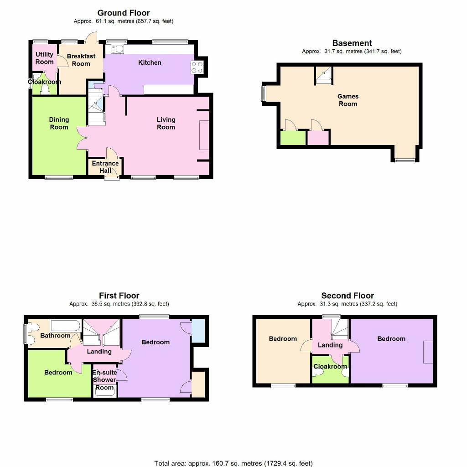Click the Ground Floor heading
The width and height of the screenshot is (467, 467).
123,13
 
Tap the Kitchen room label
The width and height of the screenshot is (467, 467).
150,62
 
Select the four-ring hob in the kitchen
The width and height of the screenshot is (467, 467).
197,67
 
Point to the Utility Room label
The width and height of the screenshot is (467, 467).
44,58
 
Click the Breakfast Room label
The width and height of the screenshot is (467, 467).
81,60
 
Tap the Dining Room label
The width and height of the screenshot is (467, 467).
59,123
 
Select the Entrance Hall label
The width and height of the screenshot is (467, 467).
105,166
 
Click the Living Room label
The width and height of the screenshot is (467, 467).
166,123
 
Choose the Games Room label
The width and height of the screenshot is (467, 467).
348,100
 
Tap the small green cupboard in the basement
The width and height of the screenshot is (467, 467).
293,138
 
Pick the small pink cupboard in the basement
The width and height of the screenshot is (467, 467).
318,138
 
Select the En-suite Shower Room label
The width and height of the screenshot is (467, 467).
105,380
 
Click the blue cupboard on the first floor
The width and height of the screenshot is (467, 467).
198,331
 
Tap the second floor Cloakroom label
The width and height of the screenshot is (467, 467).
330,366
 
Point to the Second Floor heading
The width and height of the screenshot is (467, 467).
348,296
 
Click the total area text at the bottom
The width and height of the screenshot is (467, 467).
233,463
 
